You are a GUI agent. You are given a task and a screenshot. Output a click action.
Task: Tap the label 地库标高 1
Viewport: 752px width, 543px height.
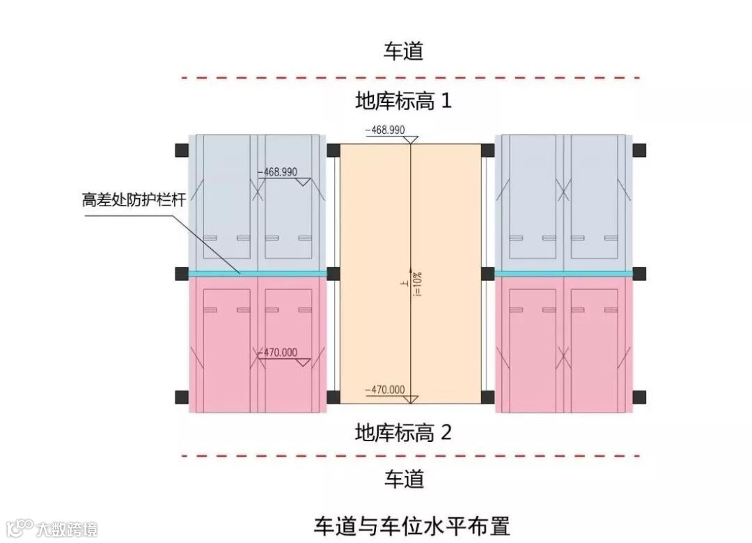point(404,101)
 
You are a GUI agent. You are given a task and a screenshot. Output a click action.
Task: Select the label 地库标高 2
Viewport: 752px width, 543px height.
point(404,433)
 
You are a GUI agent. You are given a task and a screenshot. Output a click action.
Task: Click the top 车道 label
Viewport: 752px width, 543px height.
point(404,51)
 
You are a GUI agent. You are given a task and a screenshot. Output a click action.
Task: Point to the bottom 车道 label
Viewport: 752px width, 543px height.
point(404,479)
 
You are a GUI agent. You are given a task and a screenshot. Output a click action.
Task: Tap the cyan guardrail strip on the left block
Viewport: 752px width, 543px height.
point(258,273)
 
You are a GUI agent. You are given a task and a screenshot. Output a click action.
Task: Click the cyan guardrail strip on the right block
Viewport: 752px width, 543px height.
point(563,273)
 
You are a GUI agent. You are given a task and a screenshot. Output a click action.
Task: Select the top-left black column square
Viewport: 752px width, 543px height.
point(182,150)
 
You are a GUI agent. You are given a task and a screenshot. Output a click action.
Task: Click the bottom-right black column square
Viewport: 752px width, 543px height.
point(639,397)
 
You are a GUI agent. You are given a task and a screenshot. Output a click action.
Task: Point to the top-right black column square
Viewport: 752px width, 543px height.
point(639,150)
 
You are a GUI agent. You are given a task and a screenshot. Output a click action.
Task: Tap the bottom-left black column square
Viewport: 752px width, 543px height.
point(182,397)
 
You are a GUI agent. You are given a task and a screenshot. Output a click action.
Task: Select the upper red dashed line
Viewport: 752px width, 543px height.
point(411,77)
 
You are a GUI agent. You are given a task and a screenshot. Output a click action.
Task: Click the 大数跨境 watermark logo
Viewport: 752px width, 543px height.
point(52,528)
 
